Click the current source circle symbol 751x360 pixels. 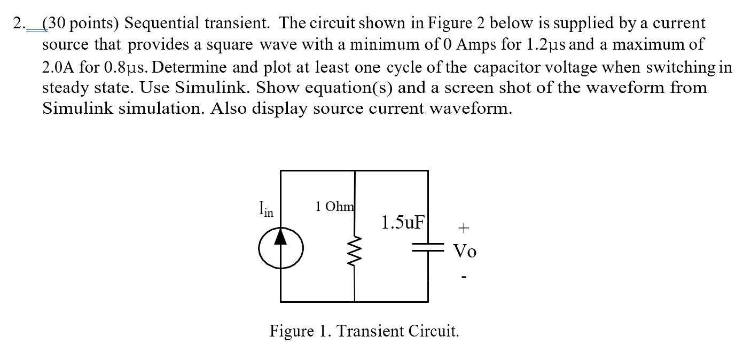coord(281,248)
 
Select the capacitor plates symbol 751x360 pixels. coord(428,247)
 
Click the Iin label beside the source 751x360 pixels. coord(265,208)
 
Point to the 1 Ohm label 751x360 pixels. coord(334,206)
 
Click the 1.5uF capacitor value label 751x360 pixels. coord(403,222)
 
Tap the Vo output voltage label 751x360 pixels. coord(465,251)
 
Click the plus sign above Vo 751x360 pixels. coord(464,228)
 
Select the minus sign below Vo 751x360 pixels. coord(464,277)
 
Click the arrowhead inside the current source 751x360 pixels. coord(281,237)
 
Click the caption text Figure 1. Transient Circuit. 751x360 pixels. coord(364,331)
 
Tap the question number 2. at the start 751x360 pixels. coord(19,24)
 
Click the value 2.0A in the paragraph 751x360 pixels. coord(59,67)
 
